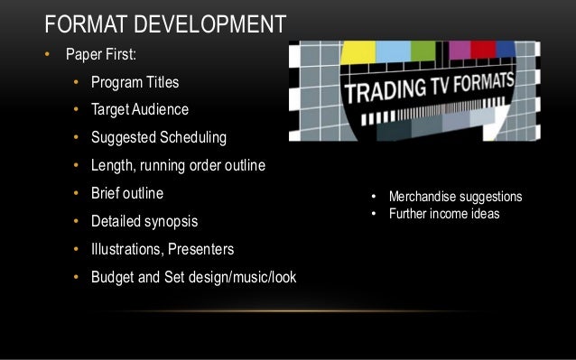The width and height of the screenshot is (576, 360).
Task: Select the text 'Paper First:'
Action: tap(99, 55)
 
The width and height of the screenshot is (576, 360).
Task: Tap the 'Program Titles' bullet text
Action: tap(135, 83)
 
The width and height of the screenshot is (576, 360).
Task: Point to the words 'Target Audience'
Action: tap(140, 110)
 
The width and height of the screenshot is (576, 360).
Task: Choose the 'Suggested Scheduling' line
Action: tap(158, 138)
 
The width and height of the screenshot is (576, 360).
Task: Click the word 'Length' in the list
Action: tap(114, 165)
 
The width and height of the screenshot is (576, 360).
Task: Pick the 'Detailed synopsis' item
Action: tap(144, 220)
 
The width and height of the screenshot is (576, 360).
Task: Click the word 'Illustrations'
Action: tap(129, 248)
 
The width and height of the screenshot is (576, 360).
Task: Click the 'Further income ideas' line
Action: tap(444, 214)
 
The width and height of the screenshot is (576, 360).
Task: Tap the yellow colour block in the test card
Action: tap(358, 51)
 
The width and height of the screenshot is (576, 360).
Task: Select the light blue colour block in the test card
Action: tap(392, 51)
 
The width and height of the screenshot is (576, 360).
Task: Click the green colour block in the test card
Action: tap(425, 51)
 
